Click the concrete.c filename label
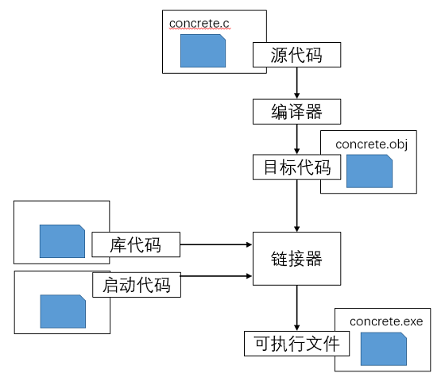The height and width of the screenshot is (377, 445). click(199, 24)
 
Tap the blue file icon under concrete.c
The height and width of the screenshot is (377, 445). click(203, 51)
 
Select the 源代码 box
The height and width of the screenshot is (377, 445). click(296, 55)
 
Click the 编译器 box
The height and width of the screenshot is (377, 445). click(296, 112)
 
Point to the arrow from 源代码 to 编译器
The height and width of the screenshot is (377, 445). click(297, 83)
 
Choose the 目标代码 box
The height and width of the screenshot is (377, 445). click(296, 167)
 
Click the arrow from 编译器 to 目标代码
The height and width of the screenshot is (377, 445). click(297, 140)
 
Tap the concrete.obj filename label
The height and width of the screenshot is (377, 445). click(372, 144)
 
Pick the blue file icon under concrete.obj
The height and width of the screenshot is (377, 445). click(370, 171)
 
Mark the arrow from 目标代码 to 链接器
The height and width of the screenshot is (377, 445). click(297, 206)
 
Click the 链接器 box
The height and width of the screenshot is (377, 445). click(296, 259)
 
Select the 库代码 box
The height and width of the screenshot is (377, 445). click(136, 244)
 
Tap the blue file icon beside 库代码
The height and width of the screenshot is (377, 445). click(62, 241)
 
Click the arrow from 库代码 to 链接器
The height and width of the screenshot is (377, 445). click(216, 244)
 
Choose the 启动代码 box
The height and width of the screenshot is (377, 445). click(137, 285)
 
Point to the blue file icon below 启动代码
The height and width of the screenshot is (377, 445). click(63, 311)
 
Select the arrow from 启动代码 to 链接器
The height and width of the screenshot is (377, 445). click(216, 276)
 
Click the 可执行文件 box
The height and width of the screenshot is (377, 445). click(296, 344)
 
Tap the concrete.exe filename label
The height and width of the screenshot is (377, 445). click(386, 321)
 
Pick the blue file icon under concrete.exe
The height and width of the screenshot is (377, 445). click(383, 349)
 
